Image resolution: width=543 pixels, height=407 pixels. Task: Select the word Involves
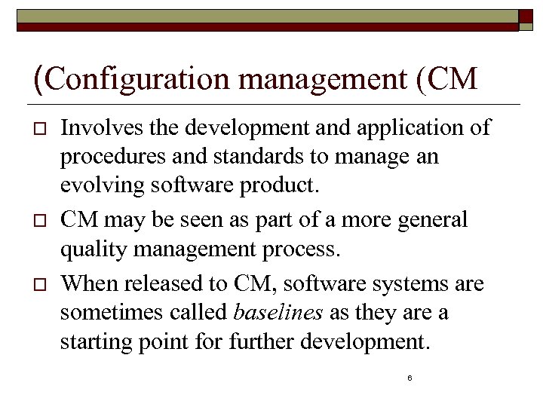click(94, 128)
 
